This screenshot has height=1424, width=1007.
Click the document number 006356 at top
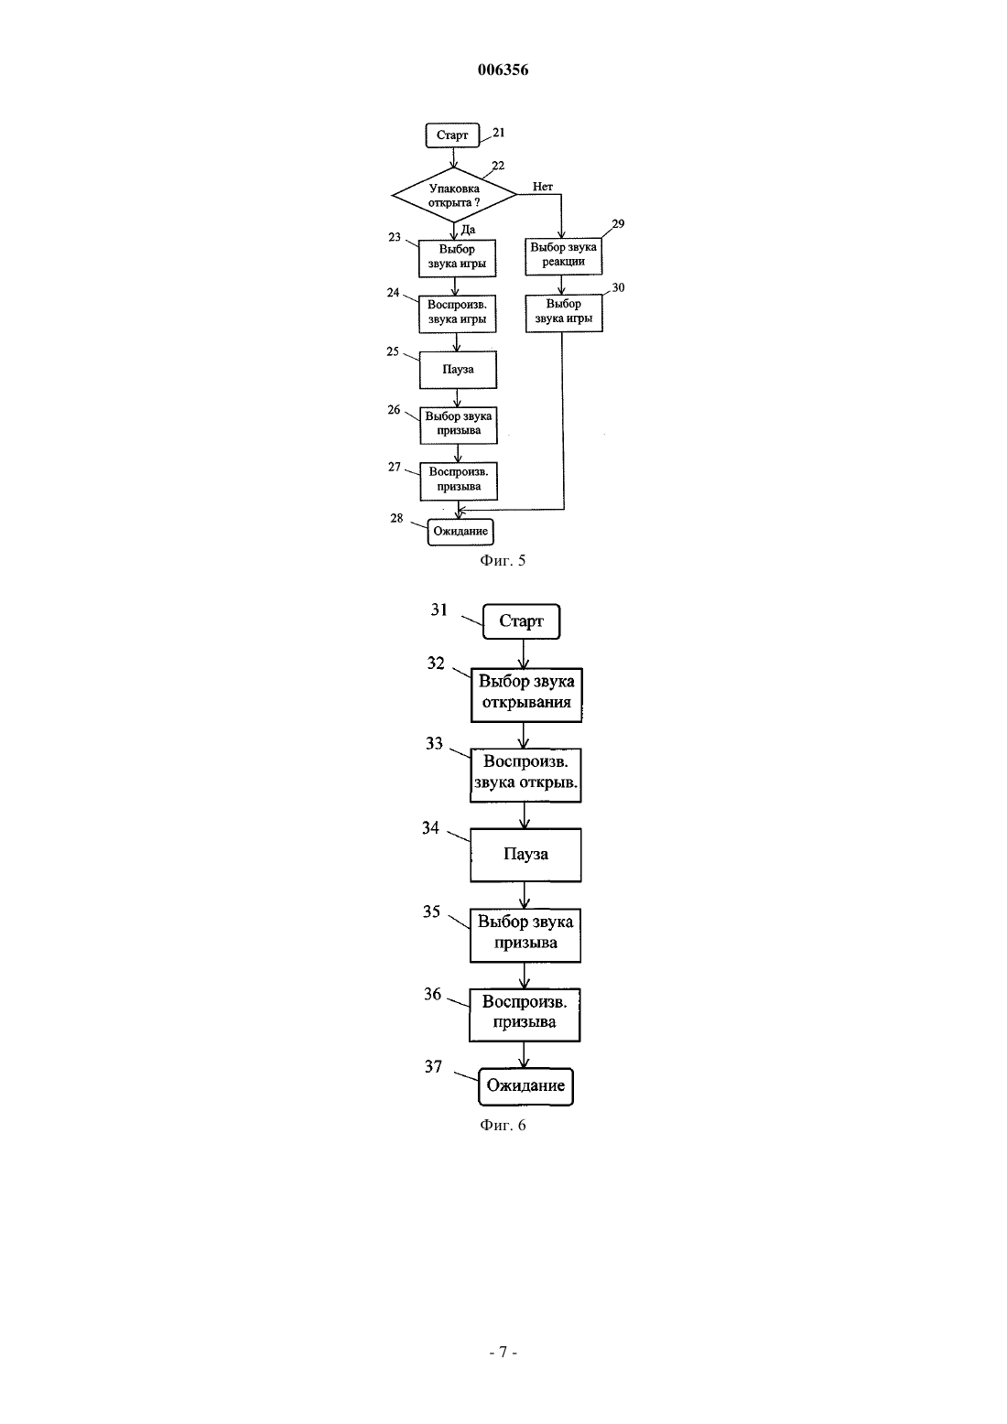[503, 70]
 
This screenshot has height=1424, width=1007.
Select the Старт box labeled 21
[452, 135]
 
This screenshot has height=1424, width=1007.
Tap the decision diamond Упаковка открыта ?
[454, 195]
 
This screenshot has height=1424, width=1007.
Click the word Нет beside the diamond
[542, 187]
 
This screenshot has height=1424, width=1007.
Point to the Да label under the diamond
[468, 230]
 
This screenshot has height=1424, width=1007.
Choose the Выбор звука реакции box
[563, 256]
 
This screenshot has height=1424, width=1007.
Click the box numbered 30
[564, 313]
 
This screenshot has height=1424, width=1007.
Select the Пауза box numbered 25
[458, 370]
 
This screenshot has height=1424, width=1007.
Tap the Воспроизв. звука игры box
[457, 313]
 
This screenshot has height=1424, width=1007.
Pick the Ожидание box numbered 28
[460, 532]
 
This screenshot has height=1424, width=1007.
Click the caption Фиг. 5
[503, 560]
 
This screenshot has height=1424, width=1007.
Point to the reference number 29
[618, 224]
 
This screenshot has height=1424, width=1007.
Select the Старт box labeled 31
[521, 621]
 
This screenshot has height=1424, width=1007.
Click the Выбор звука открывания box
[526, 695]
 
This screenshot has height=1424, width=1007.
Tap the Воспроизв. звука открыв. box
[525, 775]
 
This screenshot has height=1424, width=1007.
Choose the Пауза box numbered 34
[525, 855]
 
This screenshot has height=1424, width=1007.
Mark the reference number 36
[432, 994]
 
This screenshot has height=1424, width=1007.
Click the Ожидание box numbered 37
[525, 1086]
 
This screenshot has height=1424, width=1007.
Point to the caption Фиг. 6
[503, 1126]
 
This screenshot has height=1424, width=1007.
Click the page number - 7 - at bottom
[503, 1352]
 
